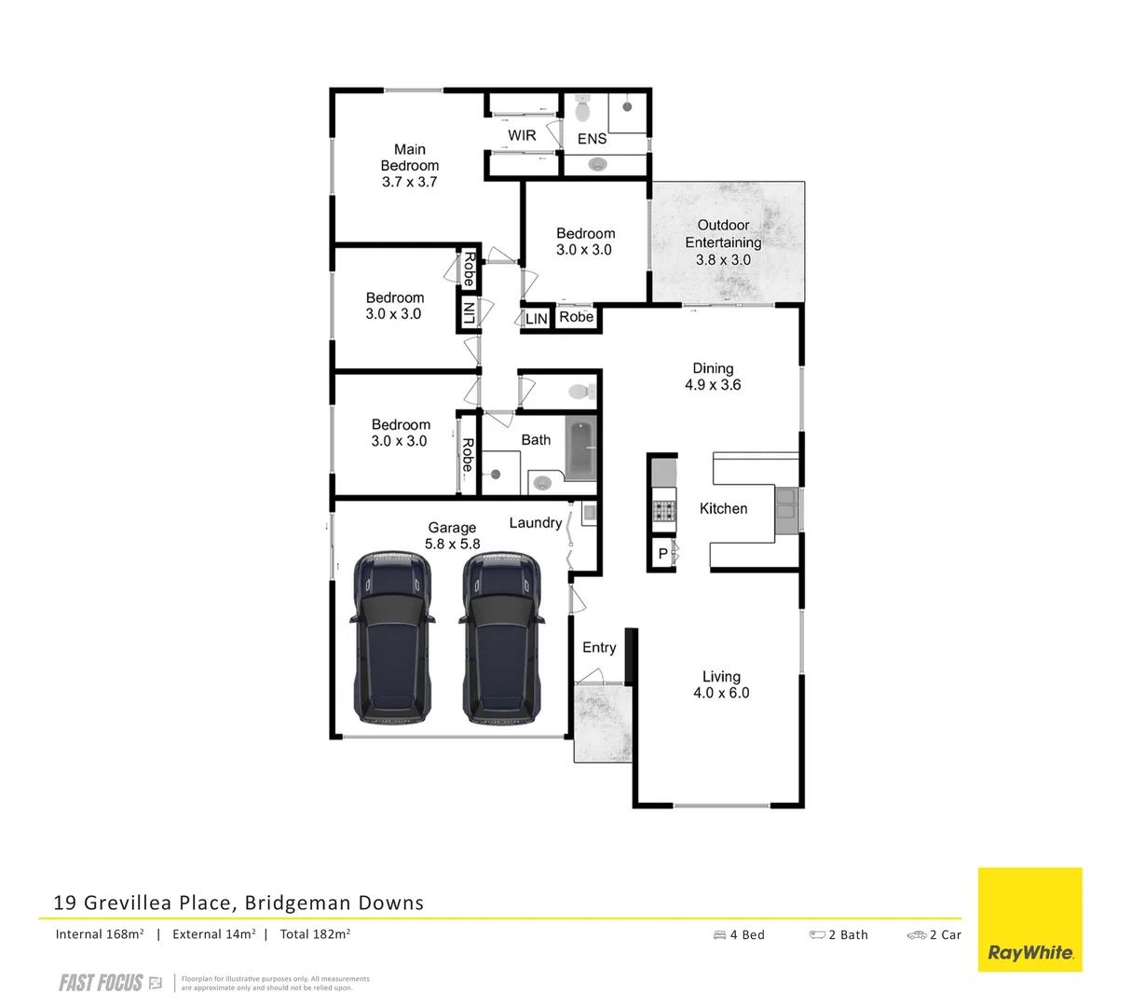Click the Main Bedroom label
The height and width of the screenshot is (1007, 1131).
coord(410,157)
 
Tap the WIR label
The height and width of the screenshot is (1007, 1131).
coord(522,135)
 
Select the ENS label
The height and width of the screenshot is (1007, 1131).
coord(592,139)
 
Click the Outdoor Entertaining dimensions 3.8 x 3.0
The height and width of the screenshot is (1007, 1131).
coord(723,260)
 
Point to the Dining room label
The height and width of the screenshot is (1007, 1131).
coord(713,368)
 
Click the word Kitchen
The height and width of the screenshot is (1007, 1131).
coord(723,508)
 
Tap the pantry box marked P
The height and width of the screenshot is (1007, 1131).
coord(662,554)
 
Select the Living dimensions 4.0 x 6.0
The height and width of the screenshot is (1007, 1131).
coord(721,693)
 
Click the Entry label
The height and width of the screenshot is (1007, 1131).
coord(599,647)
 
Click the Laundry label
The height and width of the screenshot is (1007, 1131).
coord(535,523)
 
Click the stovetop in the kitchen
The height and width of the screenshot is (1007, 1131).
coord(663,511)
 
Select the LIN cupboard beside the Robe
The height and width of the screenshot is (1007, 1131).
coord(537,319)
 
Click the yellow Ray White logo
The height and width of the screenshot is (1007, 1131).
coord(1029,919)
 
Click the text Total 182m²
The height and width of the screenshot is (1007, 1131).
coord(315,933)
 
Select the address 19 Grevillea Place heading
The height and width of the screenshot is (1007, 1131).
coord(238,903)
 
